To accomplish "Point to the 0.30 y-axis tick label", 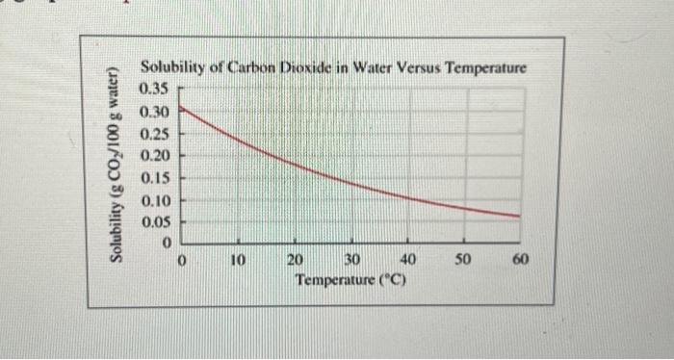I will point(154,111).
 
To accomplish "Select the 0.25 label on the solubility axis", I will point(154,133).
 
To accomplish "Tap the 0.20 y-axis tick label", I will point(154,155).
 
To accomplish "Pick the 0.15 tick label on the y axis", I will point(154,178).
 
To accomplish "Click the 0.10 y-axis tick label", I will point(154,200).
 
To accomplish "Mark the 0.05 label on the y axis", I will point(154,222).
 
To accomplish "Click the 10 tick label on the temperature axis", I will point(239,260).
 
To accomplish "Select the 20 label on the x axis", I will point(296,260).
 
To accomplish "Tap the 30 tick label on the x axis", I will point(351,260).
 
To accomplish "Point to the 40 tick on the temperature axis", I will point(407,260).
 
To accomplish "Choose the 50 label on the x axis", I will point(464,260).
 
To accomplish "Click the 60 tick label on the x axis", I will point(520,260).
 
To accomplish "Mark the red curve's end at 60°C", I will point(520,216).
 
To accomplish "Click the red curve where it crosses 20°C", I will point(296,165).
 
